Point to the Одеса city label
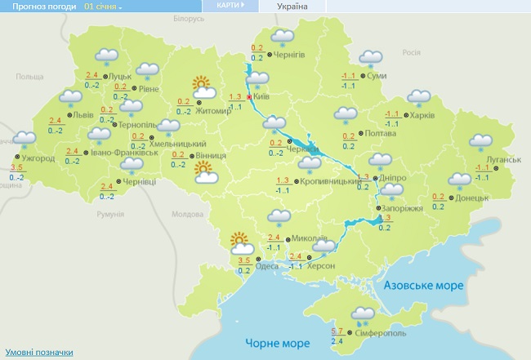click(x=266, y=265)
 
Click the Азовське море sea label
click(x=424, y=285)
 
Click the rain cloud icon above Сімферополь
click(x=362, y=313)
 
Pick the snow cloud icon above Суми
click(x=371, y=60)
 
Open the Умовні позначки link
click(x=38, y=353)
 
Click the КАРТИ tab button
click(x=230, y=5)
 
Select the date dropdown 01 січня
click(x=103, y=7)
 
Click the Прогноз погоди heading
click(x=38, y=7)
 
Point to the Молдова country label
click(x=189, y=213)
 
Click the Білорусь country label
click(x=189, y=18)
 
